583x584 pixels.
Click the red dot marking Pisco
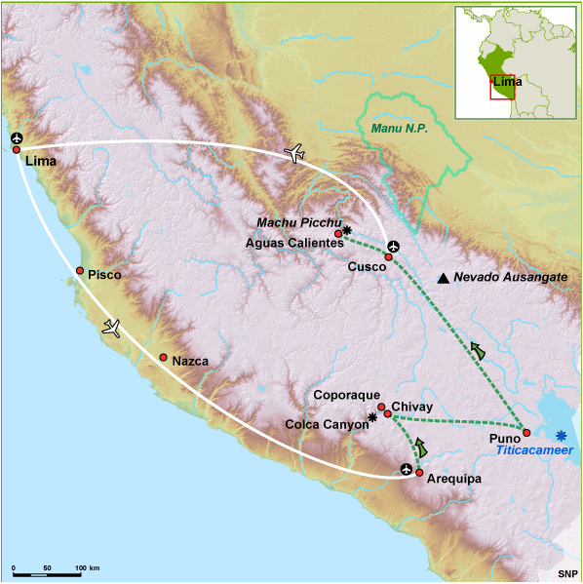pyautogui.click(x=80, y=270)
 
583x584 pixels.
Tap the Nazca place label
pyautogui.click(x=190, y=361)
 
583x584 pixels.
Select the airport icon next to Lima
pyautogui.click(x=17, y=139)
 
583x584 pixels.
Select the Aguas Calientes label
pyautogui.click(x=294, y=243)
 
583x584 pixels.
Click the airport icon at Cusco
pyautogui.click(x=393, y=247)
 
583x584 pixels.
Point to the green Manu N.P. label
pyautogui.click(x=400, y=128)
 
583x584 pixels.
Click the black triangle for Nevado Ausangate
pyautogui.click(x=444, y=279)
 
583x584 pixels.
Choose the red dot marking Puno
pyautogui.click(x=526, y=432)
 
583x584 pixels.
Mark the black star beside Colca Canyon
pyautogui.click(x=371, y=417)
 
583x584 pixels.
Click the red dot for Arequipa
pyautogui.click(x=419, y=473)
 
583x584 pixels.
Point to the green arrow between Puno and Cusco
pyautogui.click(x=478, y=351)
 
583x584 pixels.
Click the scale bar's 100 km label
pyautogui.click(x=88, y=566)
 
